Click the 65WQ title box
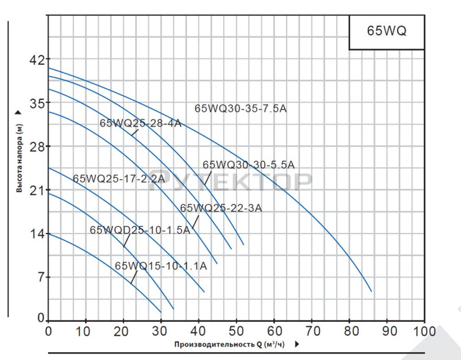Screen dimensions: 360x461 click(x=386, y=32)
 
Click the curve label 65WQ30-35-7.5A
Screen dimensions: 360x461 click(x=241, y=109)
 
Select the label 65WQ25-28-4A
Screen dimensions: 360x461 click(x=141, y=123)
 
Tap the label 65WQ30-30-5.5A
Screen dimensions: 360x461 click(x=248, y=165)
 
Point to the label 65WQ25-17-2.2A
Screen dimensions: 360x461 click(x=118, y=179)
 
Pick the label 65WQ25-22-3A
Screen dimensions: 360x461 click(x=221, y=208)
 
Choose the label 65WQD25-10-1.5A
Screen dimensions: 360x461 click(x=140, y=230)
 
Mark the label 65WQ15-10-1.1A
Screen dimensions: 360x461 click(x=161, y=266)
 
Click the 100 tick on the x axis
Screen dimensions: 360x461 click(x=425, y=331)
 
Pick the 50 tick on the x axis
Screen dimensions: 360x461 click(x=236, y=331)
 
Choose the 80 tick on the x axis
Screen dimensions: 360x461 click(x=349, y=331)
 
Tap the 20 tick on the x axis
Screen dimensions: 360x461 click(x=124, y=331)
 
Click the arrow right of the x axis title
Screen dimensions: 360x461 click(x=297, y=344)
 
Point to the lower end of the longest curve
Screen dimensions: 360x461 click(x=372, y=291)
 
